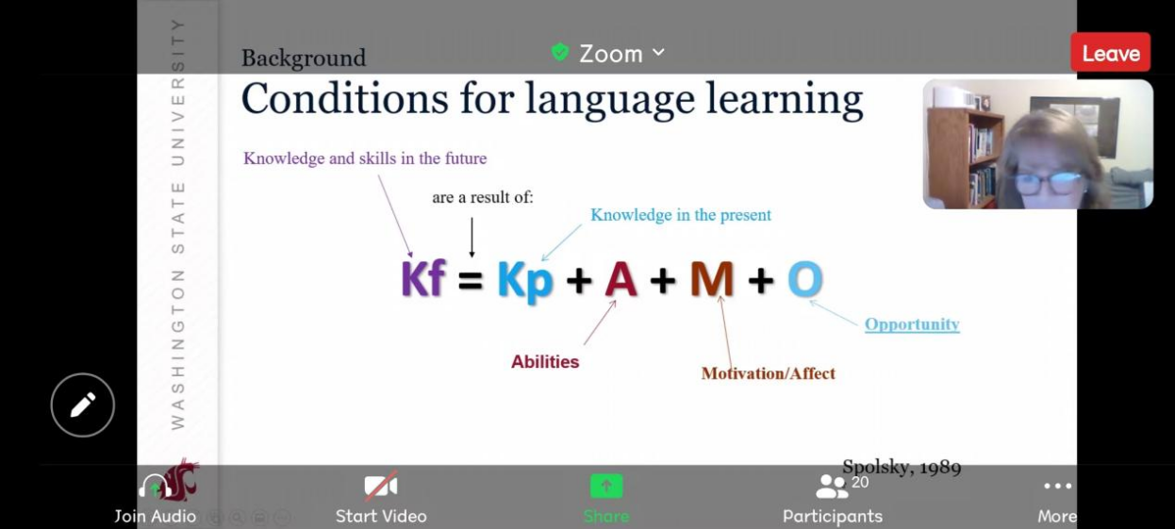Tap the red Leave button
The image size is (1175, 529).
click(x=1111, y=53)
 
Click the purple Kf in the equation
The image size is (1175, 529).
click(x=423, y=278)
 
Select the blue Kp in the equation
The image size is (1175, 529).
click(x=525, y=282)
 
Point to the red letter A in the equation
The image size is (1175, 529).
click(x=621, y=279)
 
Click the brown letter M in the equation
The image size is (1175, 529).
click(x=712, y=279)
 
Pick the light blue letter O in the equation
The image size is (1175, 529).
click(x=805, y=279)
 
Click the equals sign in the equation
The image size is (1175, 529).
click(x=470, y=280)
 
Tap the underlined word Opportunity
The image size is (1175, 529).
click(x=912, y=324)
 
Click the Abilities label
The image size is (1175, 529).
click(x=545, y=362)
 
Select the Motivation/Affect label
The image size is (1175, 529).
click(x=769, y=373)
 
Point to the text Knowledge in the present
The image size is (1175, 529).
click(x=681, y=215)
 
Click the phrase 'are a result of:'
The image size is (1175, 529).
click(x=483, y=197)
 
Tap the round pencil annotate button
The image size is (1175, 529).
click(x=83, y=405)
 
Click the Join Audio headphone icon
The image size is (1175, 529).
click(x=156, y=487)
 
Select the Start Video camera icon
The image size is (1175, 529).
click(x=381, y=486)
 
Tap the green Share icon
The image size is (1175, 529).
click(x=606, y=486)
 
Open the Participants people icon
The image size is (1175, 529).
click(x=832, y=487)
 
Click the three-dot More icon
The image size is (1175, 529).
click(x=1057, y=486)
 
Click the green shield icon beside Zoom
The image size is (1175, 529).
click(x=560, y=52)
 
